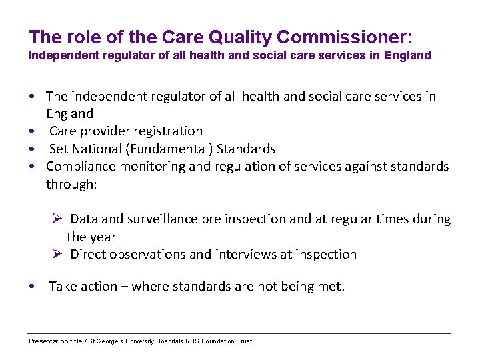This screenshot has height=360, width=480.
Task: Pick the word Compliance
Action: click(x=77, y=166)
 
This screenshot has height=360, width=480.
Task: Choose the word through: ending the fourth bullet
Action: click(x=71, y=184)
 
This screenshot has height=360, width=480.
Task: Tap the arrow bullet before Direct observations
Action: click(x=58, y=254)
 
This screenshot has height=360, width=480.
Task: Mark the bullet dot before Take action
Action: click(x=32, y=287)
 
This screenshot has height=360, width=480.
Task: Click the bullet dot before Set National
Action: click(x=32, y=149)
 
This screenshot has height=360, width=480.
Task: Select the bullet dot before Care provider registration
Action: click(x=32, y=132)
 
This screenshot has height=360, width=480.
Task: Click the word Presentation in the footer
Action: click(x=47, y=341)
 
